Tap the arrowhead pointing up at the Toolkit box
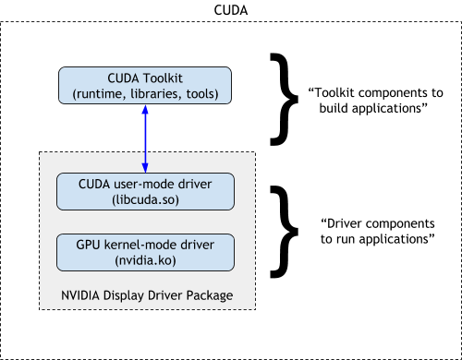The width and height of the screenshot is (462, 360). pos(145,109)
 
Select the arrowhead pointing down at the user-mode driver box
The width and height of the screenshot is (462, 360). pos(145,165)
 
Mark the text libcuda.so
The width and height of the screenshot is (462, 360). pos(146,200)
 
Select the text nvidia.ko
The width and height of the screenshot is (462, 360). pos(145,260)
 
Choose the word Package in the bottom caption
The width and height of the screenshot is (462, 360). pos(209,295)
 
